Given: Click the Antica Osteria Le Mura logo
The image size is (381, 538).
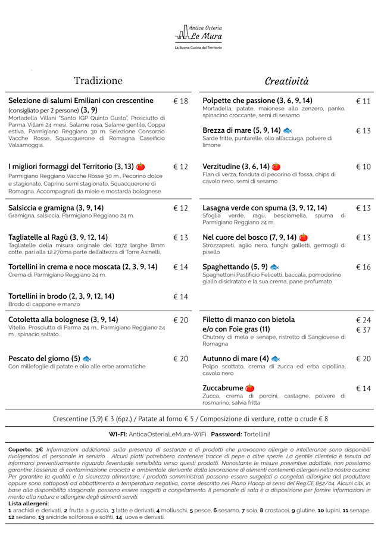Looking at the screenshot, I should (198, 35).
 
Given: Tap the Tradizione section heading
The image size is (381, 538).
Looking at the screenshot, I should (98, 80).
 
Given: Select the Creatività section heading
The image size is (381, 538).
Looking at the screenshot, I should (287, 81).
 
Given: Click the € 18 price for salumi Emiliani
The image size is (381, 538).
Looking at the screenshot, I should (180, 101).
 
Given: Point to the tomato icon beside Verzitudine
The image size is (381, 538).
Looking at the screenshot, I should (276, 167).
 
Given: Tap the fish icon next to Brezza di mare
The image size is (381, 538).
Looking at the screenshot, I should (288, 130).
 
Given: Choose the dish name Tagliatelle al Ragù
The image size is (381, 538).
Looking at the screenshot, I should (58, 237).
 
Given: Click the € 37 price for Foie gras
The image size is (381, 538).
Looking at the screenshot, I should (363, 330).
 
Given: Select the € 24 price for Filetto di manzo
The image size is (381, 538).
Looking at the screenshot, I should (363, 320).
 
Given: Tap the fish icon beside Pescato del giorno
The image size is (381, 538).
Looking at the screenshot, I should (87, 359).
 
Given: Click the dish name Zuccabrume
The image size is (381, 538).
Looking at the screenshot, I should (223, 389).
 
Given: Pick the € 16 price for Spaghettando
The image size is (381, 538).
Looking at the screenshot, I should (363, 267).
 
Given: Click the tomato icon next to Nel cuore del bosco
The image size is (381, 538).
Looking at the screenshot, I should (304, 237).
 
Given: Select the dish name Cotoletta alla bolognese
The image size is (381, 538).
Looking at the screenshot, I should (63, 320).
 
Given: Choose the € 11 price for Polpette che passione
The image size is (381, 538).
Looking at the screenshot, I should (363, 101).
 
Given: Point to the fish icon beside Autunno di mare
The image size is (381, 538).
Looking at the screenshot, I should (276, 359).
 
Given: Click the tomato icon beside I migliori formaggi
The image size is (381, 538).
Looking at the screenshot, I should (140, 167).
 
